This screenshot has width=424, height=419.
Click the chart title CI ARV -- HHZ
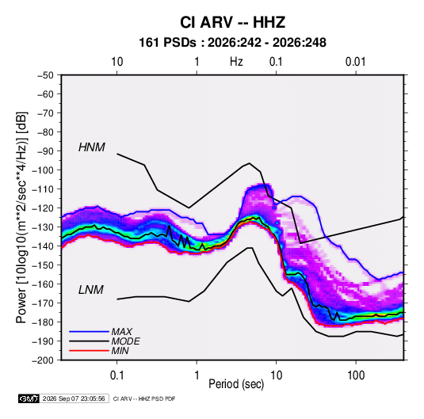[x=232, y=22]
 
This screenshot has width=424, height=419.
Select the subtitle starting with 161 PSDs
[x=232, y=43]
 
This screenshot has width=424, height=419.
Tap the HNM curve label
[x=92, y=147]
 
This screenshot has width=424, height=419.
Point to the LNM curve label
[x=91, y=290]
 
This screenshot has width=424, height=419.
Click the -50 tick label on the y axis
[x=45, y=75]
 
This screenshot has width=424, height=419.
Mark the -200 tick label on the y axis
[x=43, y=360]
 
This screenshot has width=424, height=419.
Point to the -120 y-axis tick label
[x=43, y=208]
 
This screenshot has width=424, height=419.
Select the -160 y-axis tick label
[x=43, y=284]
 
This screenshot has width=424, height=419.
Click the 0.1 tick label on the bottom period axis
[x=117, y=375]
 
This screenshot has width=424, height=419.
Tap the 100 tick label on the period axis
[x=356, y=375]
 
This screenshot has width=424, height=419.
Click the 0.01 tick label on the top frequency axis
[x=355, y=62]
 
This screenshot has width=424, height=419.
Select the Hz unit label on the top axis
[x=236, y=62]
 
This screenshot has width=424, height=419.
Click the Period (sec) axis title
[x=236, y=384]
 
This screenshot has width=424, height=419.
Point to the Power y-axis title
[x=21, y=218]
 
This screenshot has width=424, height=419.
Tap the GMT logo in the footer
[x=29, y=398]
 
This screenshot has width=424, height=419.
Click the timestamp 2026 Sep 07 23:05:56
[x=74, y=398]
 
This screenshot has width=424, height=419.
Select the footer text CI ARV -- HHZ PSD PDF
[x=144, y=398]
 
